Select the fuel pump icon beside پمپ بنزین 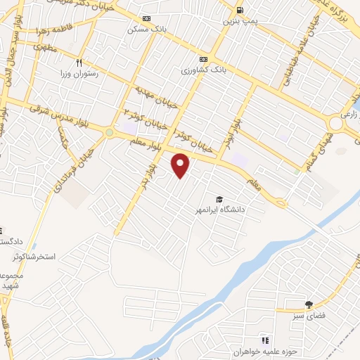pos(240,11)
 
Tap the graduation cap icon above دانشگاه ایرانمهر pos(221,200)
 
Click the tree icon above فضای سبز pos(308,304)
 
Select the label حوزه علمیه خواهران pos(266,350)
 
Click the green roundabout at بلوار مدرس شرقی pos(109,132)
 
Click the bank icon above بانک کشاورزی pos(203,59)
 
